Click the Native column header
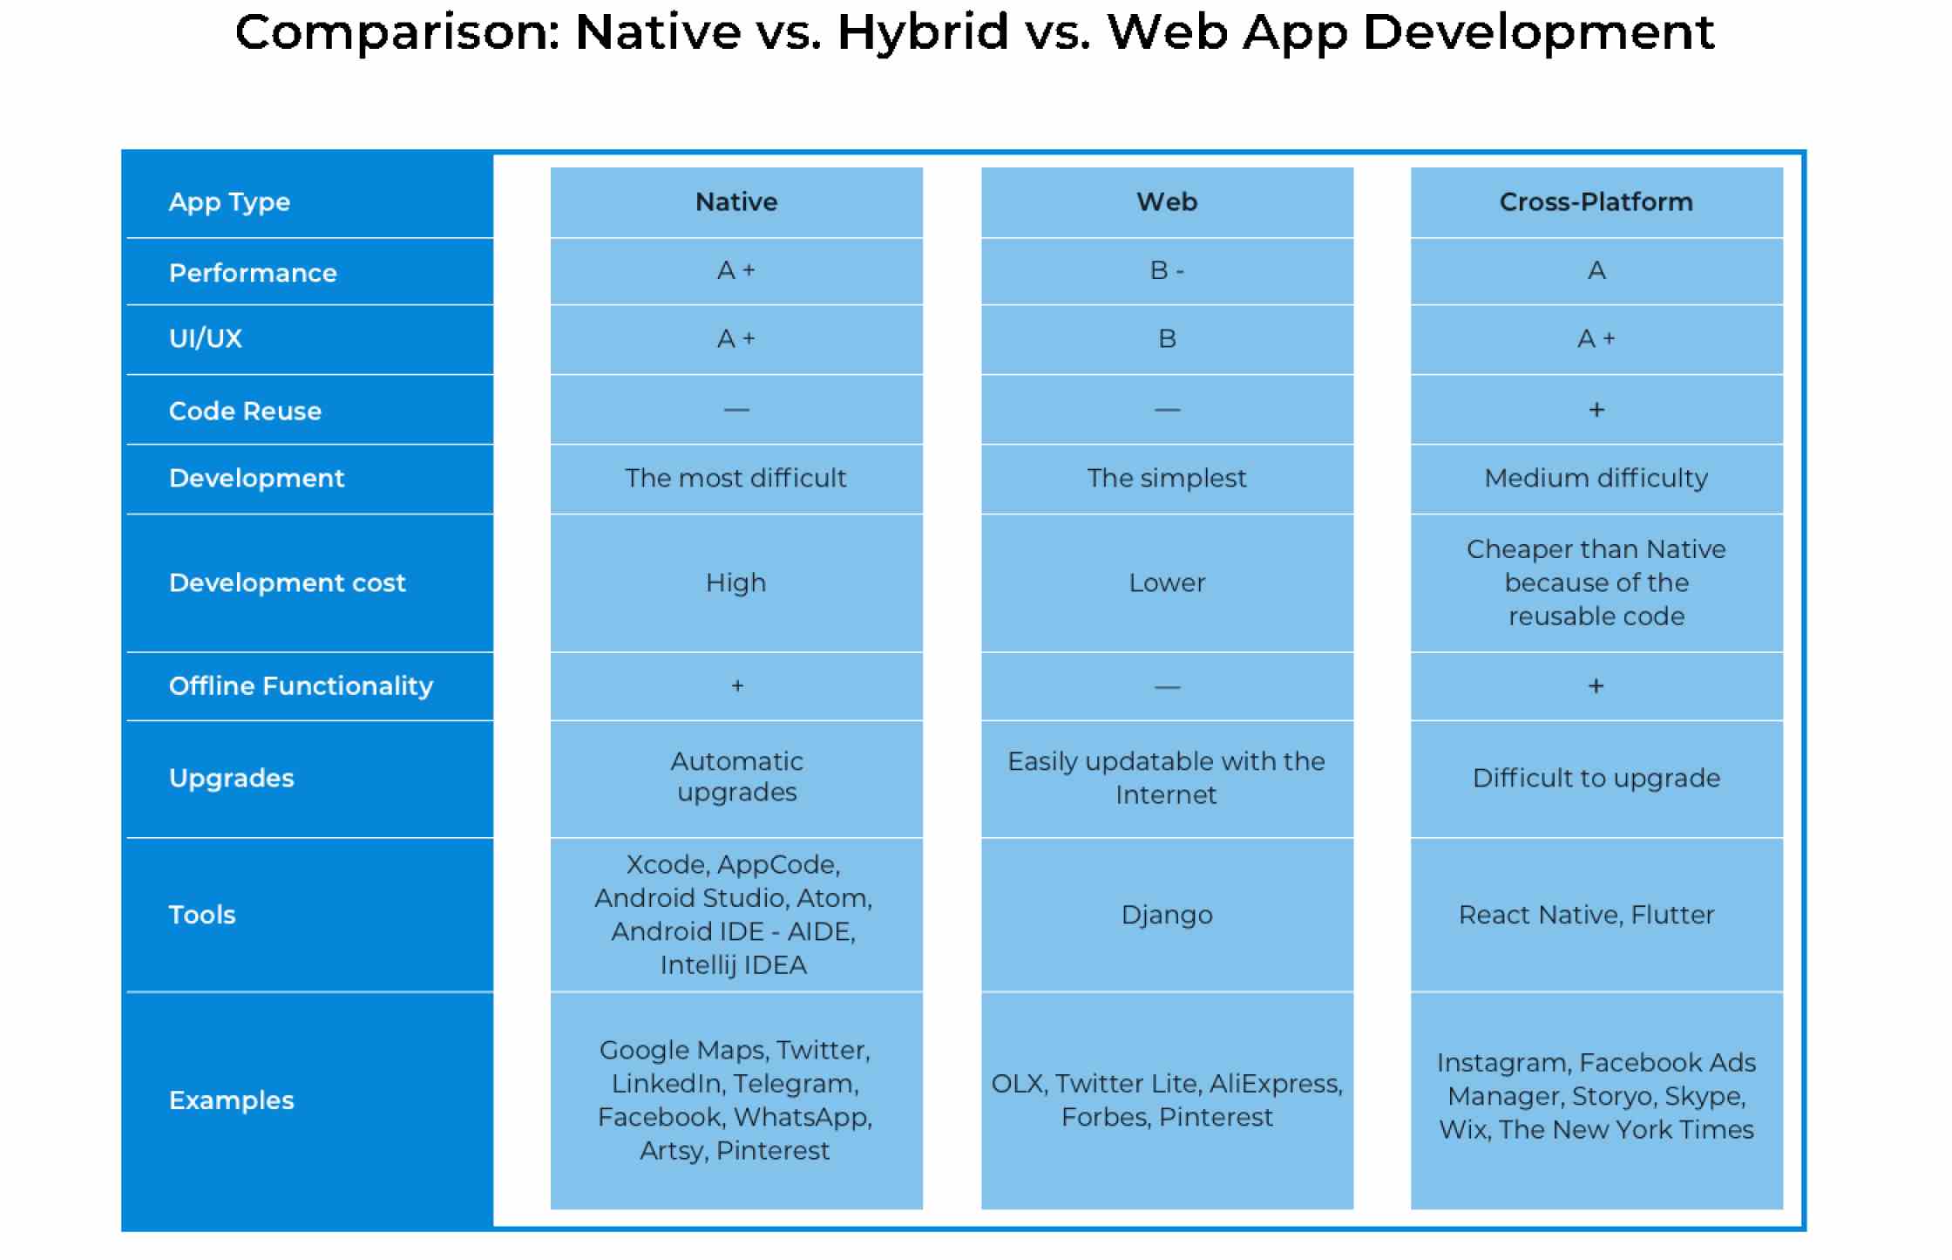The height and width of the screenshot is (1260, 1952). [x=736, y=201]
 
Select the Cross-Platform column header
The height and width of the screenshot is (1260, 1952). [x=1596, y=201]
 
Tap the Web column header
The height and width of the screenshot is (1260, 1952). [x=1167, y=201]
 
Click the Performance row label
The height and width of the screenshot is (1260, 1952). [x=253, y=273]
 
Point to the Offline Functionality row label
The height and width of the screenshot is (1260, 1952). [x=301, y=686]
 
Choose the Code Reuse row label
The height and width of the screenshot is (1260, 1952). [x=245, y=411]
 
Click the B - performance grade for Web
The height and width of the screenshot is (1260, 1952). [x=1167, y=270]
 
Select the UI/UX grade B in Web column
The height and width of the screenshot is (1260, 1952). [x=1167, y=338]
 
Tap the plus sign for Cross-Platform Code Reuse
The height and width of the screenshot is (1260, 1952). [x=1596, y=410]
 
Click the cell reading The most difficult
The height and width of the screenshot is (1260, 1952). [x=735, y=478]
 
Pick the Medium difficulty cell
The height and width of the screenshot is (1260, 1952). [x=1596, y=478]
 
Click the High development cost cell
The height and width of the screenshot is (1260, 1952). [x=735, y=582]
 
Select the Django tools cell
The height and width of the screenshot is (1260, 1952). [x=1167, y=915]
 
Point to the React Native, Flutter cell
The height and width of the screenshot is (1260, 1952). [x=1586, y=915]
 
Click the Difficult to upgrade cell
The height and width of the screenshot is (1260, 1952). [x=1596, y=778]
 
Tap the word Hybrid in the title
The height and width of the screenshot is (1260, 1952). [x=923, y=33]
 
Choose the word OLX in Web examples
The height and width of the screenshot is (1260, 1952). [x=1017, y=1084]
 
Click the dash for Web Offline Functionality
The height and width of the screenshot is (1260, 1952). [x=1167, y=687]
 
